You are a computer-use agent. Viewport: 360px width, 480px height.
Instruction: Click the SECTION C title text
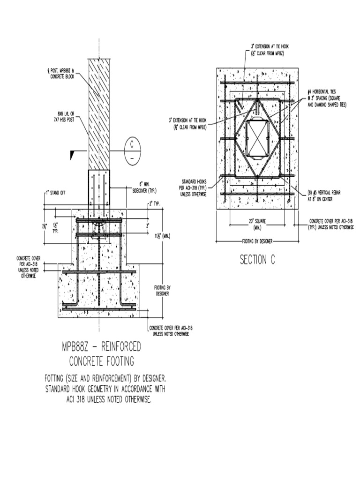[257, 260]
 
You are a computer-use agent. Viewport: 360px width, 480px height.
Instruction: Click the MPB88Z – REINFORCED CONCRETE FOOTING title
[101, 354]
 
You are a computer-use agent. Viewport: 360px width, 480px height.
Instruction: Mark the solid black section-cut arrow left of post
[72, 154]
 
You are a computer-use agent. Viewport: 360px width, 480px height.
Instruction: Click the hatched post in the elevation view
[99, 112]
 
